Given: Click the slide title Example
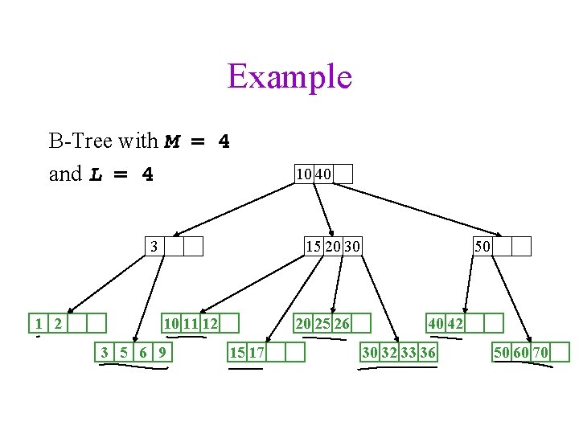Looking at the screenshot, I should click(x=289, y=76).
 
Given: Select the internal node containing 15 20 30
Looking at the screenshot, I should click(x=331, y=246).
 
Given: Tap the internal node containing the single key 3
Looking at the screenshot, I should click(x=174, y=246).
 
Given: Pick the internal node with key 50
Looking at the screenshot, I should click(x=502, y=246).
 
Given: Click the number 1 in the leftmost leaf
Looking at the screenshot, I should click(x=38, y=323).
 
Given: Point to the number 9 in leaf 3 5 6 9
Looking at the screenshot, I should click(x=162, y=352).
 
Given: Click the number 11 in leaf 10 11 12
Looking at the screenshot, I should click(x=191, y=323).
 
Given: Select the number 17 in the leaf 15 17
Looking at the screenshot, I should click(x=257, y=352).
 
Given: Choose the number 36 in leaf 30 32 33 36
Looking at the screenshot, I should click(x=429, y=352).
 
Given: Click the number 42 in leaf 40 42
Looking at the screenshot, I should click(x=455, y=323).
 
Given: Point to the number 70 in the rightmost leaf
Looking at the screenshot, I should click(x=540, y=352).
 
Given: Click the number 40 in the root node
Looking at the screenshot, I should click(x=323, y=174).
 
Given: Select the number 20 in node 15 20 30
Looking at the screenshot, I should click(x=332, y=246).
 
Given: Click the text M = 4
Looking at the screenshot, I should click(x=197, y=142).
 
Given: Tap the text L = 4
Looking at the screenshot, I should click(x=121, y=174).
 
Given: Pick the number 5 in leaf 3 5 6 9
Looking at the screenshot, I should click(x=123, y=352).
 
